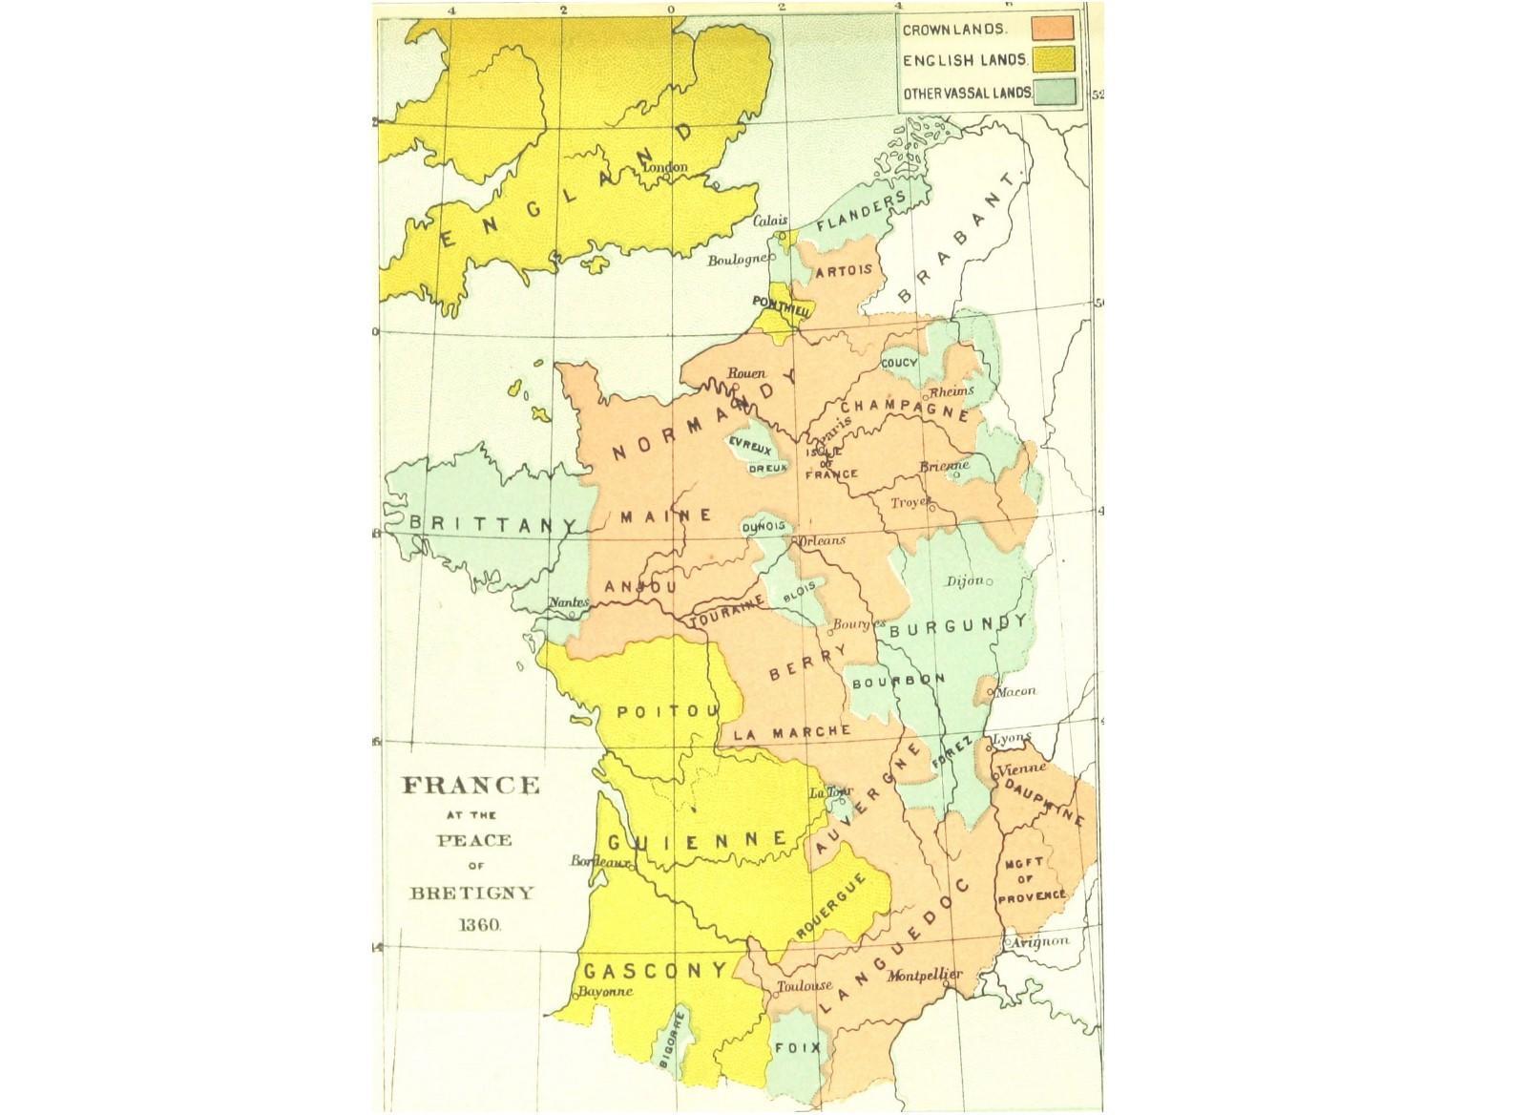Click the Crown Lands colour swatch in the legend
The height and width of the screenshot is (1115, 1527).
point(1058,29)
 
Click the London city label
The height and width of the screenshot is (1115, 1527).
point(666,167)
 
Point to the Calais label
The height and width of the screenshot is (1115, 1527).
point(770,219)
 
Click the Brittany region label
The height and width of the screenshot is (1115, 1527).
point(492,524)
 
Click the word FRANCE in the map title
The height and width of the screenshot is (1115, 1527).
point(471,786)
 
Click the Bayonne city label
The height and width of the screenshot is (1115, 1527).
point(600,992)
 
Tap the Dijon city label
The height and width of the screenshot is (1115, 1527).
point(963,581)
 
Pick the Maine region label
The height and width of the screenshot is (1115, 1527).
point(665,515)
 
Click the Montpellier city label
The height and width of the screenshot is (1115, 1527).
point(924,976)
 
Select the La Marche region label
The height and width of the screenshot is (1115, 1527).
point(792,732)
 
